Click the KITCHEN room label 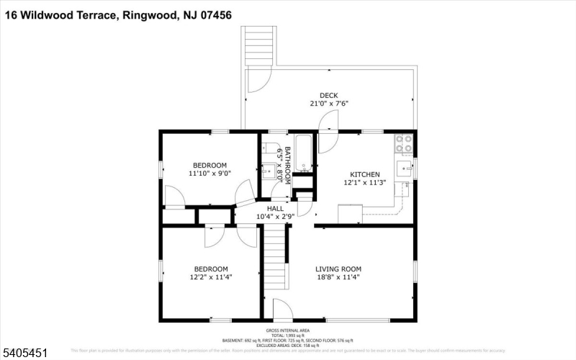[x=364, y=174]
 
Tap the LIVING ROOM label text [x=337, y=269]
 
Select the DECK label [x=328, y=95]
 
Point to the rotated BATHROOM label [x=287, y=166]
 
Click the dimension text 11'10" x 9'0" [x=208, y=174]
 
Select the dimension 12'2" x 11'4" [x=210, y=276]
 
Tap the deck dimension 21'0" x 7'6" [x=328, y=104]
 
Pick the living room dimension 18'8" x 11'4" [x=337, y=276]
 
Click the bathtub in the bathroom [x=303, y=154]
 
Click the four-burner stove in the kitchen [x=403, y=144]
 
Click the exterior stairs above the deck [x=258, y=46]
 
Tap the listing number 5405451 [x=26, y=353]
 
